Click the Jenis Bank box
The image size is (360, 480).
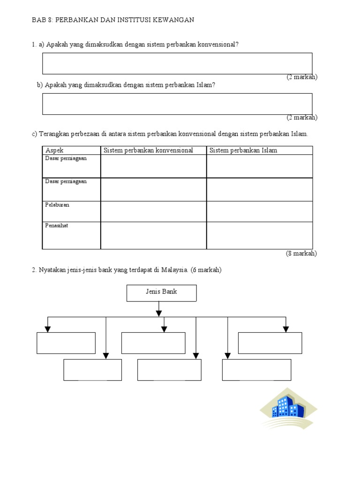pyautogui.click(x=162, y=293)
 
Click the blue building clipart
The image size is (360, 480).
pyautogui.click(x=288, y=407)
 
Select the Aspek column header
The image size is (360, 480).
pyautogui.click(x=54, y=150)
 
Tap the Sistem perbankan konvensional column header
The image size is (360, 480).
pyautogui.click(x=148, y=150)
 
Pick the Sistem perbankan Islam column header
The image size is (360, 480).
pyautogui.click(x=243, y=150)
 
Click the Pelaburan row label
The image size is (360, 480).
pyautogui.click(x=57, y=205)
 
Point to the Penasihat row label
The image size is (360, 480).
pyautogui.click(x=57, y=225)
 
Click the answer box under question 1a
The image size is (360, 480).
pyautogui.click(x=177, y=63)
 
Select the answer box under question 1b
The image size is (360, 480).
pyautogui.click(x=177, y=104)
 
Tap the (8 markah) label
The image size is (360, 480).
pyautogui.click(x=301, y=254)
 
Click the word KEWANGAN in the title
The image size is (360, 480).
pyautogui.click(x=174, y=20)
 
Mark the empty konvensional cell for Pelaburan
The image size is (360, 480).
pyautogui.click(x=153, y=211)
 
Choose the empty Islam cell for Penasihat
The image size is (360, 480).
pyautogui.click(x=260, y=235)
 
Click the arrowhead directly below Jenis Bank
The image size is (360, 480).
pyautogui.click(x=159, y=312)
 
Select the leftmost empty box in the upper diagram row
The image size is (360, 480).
pyautogui.click(x=66, y=343)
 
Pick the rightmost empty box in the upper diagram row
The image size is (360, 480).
pyautogui.click(x=270, y=343)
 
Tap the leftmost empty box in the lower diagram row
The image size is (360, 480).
pyautogui.click(x=93, y=370)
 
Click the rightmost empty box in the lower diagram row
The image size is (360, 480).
pyautogui.click(x=256, y=370)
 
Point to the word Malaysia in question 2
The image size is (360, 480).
pyautogui.click(x=174, y=270)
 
